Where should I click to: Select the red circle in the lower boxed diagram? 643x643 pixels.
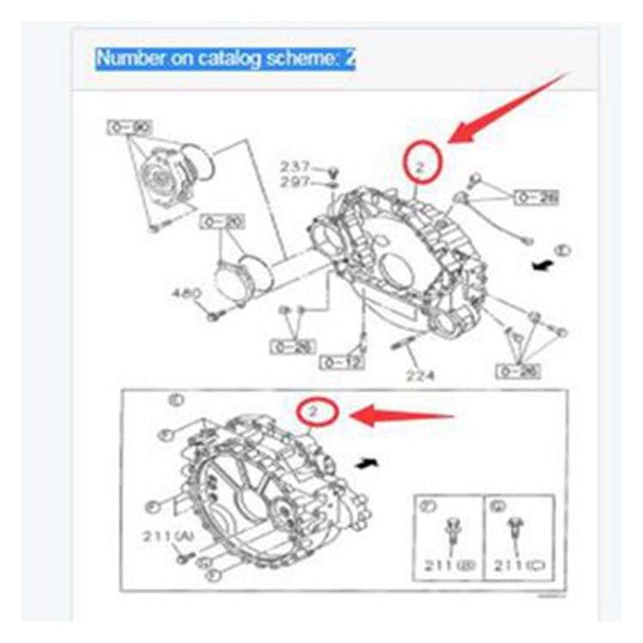click(x=315, y=414)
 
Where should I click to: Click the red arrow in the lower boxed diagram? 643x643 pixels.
click(x=403, y=418)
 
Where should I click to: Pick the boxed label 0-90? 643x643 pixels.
click(x=128, y=128)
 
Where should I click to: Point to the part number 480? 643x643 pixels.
click(x=185, y=293)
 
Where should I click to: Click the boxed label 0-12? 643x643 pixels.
click(x=341, y=363)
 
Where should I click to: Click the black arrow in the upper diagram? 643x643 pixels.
click(x=540, y=267)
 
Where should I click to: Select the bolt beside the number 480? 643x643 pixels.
click(x=212, y=316)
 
